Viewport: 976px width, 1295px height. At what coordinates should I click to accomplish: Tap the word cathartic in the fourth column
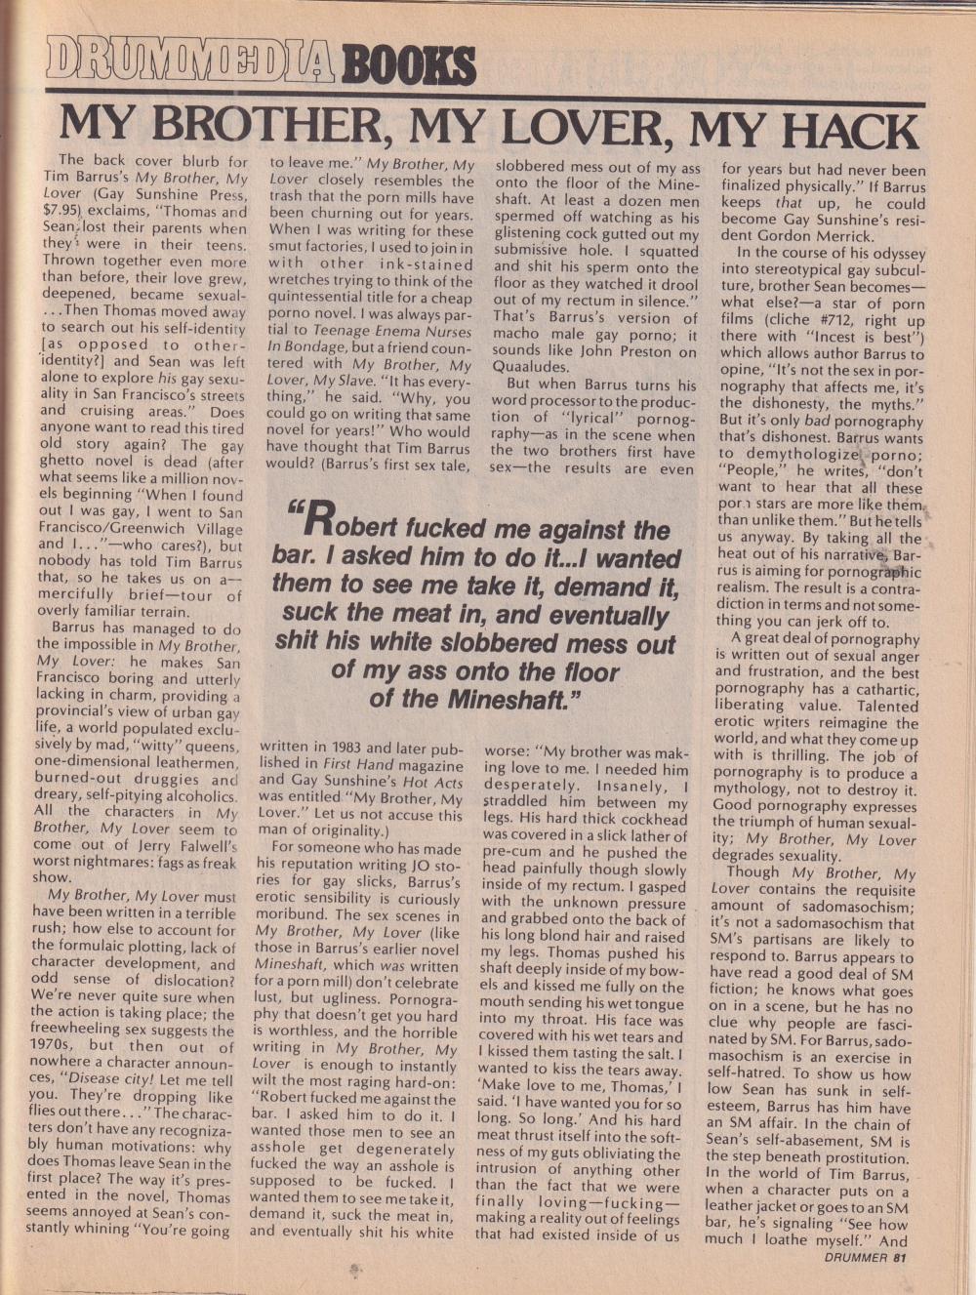pos(879,689)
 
